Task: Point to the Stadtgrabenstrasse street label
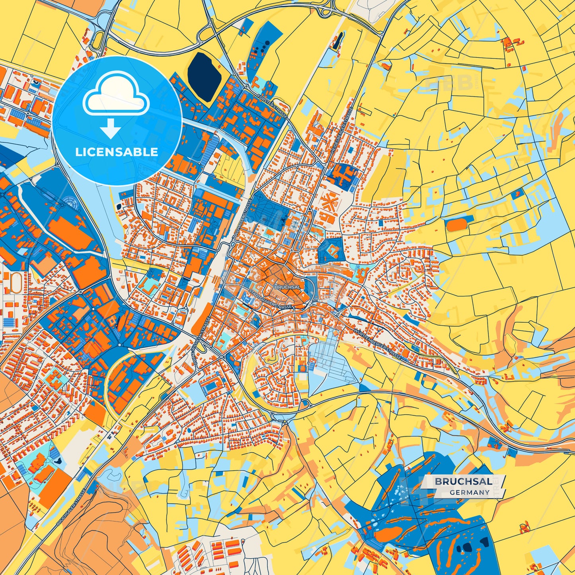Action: pyautogui.click(x=270, y=298)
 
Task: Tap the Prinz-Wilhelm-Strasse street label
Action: pyautogui.click(x=195, y=336)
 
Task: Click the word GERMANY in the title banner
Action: pyautogui.click(x=470, y=492)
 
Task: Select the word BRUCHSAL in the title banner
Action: pyautogui.click(x=463, y=481)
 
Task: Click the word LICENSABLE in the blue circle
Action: pyautogui.click(x=117, y=152)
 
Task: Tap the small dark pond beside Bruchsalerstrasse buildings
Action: pyautogui.click(x=59, y=460)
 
